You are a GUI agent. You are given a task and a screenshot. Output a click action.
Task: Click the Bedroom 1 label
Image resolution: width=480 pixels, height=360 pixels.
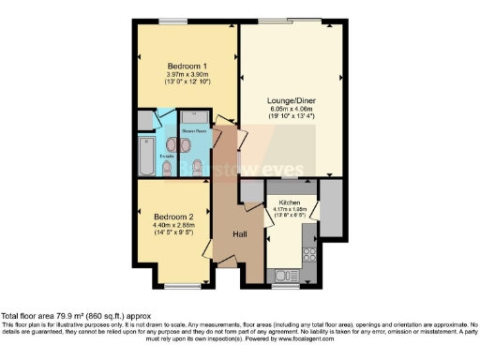click(x=187, y=66)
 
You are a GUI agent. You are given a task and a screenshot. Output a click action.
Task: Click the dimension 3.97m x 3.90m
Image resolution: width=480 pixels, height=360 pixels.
click(x=187, y=75)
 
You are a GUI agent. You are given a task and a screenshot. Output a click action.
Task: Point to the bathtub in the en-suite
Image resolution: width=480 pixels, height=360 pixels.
click(x=146, y=158)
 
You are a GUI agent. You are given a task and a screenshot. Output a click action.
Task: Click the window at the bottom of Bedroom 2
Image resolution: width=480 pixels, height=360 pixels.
click(x=177, y=286)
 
